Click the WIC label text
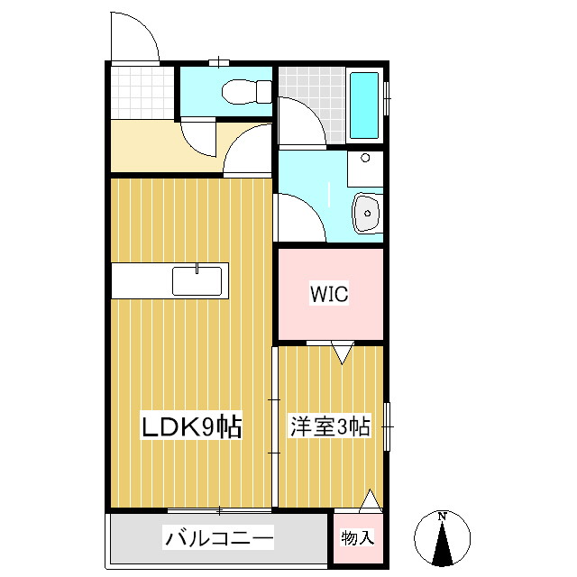click(x=329, y=294)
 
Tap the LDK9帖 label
click(x=191, y=426)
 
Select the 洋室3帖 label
click(x=329, y=426)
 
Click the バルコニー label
click(x=218, y=540)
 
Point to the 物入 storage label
click(x=357, y=539)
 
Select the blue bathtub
click(x=364, y=105)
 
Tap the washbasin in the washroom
click(x=368, y=214)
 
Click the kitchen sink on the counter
click(x=197, y=280)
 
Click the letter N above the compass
click(x=442, y=517)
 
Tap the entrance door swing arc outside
click(x=135, y=36)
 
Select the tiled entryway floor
click(x=142, y=92)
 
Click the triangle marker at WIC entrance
click(x=341, y=353)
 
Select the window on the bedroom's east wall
click(x=388, y=425)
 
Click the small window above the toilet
click(x=217, y=62)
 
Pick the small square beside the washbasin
click(x=365, y=158)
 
